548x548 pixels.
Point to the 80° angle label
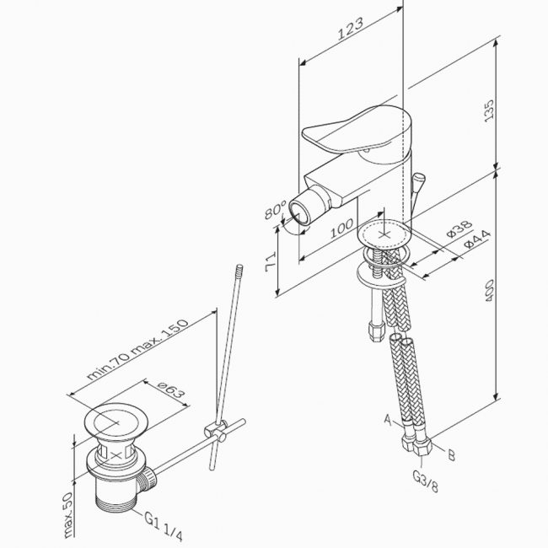click(x=274, y=207)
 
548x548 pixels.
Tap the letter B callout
click(x=451, y=456)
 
